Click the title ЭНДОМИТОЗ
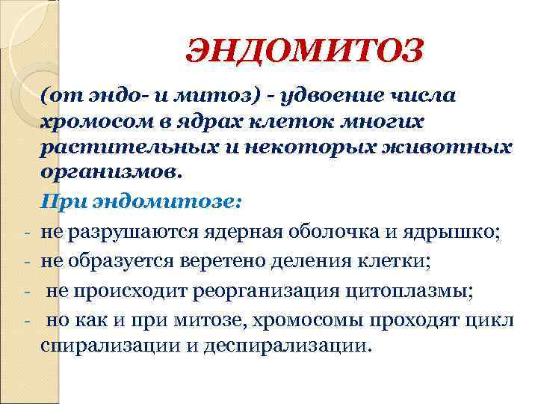[304, 52]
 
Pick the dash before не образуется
[27, 262]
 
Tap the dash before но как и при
[27, 319]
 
